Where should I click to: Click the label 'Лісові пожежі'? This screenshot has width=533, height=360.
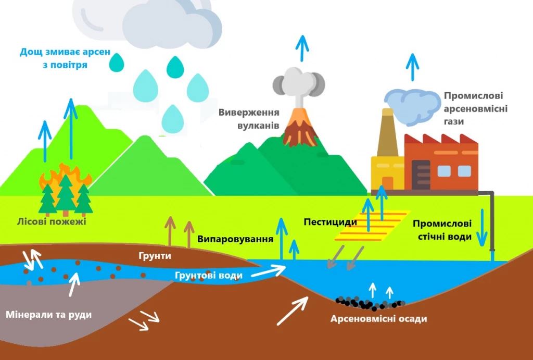[52, 222]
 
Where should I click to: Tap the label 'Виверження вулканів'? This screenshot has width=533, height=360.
[249, 119]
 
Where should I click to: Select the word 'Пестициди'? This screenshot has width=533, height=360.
[331, 222]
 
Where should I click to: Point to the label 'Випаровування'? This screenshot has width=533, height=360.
[235, 239]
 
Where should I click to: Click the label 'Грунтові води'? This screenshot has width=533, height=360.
[209, 275]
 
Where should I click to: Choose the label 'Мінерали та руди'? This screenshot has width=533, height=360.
[48, 314]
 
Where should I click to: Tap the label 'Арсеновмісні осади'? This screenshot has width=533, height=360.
[379, 319]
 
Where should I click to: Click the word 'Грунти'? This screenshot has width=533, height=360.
[155, 256]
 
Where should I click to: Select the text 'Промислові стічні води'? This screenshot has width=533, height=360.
[442, 230]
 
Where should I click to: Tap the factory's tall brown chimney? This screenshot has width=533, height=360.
[387, 133]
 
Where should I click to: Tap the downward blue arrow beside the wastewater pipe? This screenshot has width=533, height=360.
[481, 228]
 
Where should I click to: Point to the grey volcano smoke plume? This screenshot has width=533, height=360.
[299, 85]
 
